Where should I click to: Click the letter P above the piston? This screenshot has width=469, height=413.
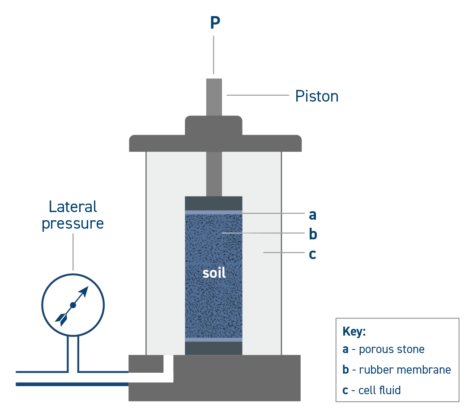pos(215,23)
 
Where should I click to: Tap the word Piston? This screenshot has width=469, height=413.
pos(316,96)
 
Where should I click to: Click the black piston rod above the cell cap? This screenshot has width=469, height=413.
pos(214,97)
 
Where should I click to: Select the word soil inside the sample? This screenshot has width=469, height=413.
pos(214,272)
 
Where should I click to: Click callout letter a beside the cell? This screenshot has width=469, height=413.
pos(312,215)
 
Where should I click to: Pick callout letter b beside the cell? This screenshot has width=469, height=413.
pos(313,234)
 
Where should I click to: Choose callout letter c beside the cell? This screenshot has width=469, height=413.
pos(312,254)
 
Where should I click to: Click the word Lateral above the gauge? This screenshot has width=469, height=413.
pos(73,207)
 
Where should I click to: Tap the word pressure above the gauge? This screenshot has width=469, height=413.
pos(73,223)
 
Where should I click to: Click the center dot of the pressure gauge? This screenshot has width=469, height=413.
pos(73,305)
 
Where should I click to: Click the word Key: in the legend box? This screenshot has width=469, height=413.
pos(354,332)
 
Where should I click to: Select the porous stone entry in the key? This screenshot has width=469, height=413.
pos(383,349)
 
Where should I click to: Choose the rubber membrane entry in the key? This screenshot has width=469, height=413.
pos(397,370)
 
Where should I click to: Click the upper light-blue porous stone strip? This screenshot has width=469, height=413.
pos(213,212)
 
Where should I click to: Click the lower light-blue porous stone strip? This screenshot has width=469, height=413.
pos(213,340)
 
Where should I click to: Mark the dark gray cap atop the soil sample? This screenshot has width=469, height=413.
pos(213,203)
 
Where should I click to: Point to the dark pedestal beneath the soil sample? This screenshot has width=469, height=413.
pos(213,348)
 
